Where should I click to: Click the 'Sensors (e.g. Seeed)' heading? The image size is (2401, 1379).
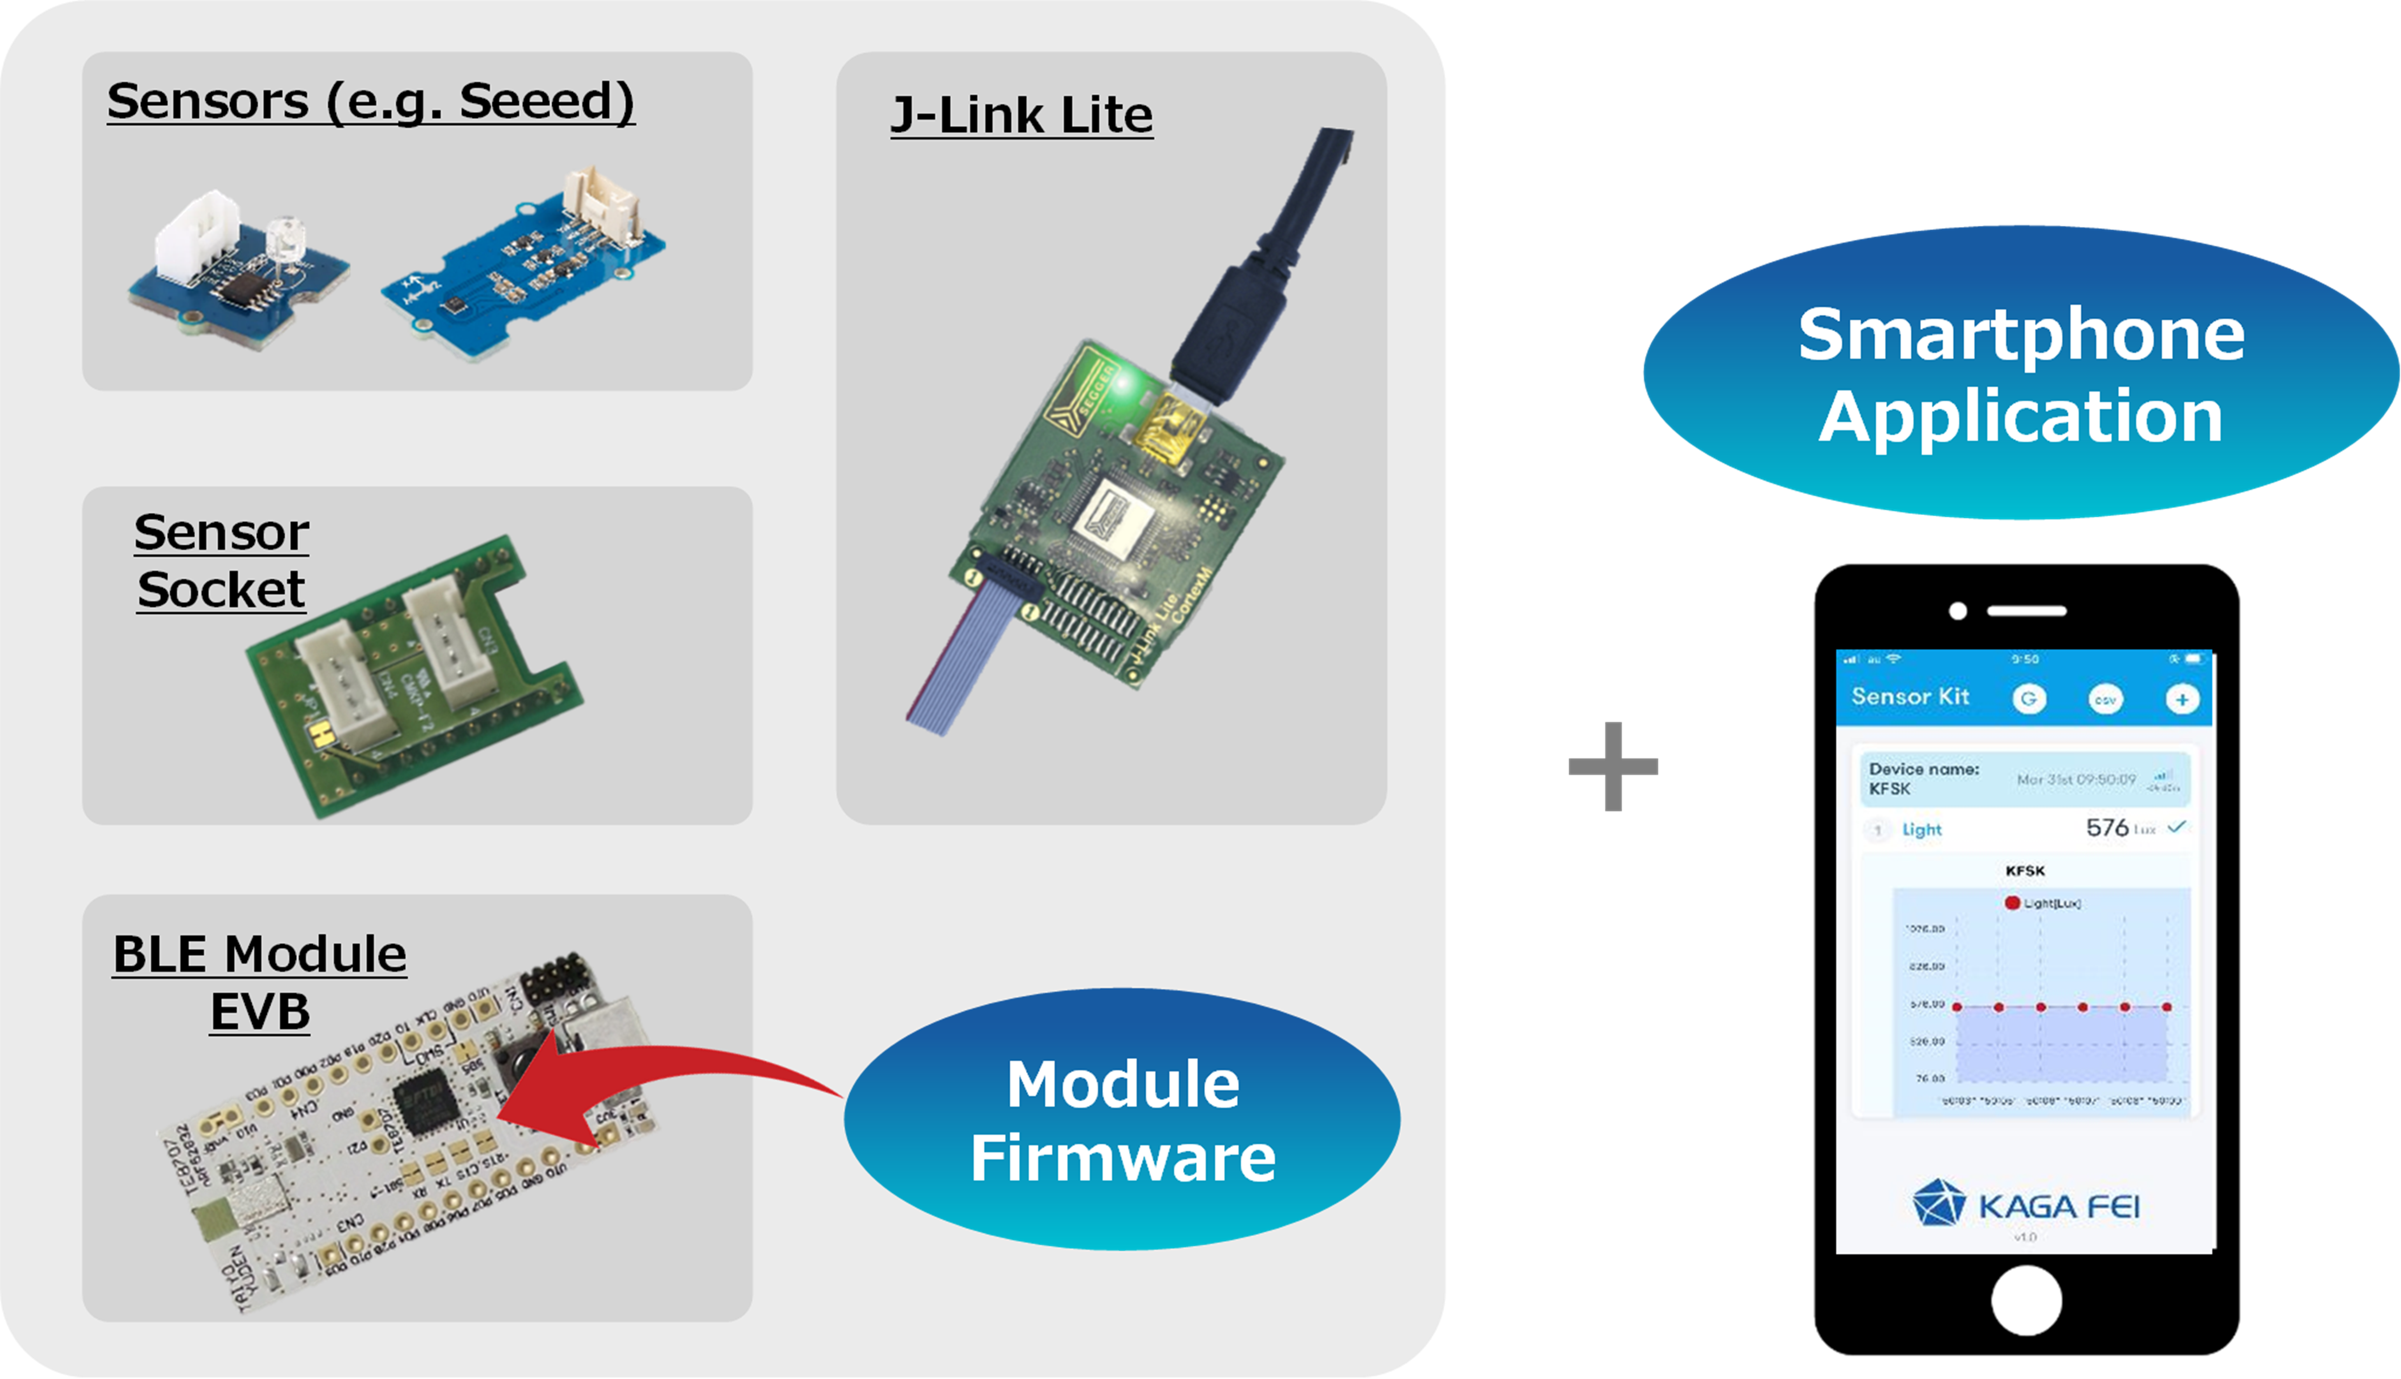[370, 101]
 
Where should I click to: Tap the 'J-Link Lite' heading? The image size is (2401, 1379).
[1022, 116]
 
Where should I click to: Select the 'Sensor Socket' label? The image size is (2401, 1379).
[222, 561]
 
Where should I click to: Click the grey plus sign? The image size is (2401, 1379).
[1613, 766]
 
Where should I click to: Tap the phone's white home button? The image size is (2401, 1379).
[2026, 1300]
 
